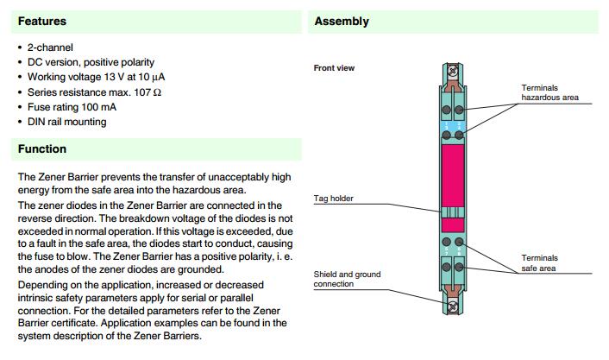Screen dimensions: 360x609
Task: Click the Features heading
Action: click(x=42, y=21)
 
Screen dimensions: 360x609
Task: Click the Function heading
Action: click(x=42, y=149)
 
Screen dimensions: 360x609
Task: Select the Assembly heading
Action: click(x=342, y=21)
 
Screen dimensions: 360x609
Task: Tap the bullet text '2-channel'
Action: click(x=51, y=47)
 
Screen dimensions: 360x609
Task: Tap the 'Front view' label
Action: click(x=334, y=68)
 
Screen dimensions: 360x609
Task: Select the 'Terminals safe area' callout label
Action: click(x=539, y=262)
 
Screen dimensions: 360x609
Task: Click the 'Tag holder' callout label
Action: click(x=333, y=199)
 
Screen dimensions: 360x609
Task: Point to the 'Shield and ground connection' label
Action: click(x=347, y=279)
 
